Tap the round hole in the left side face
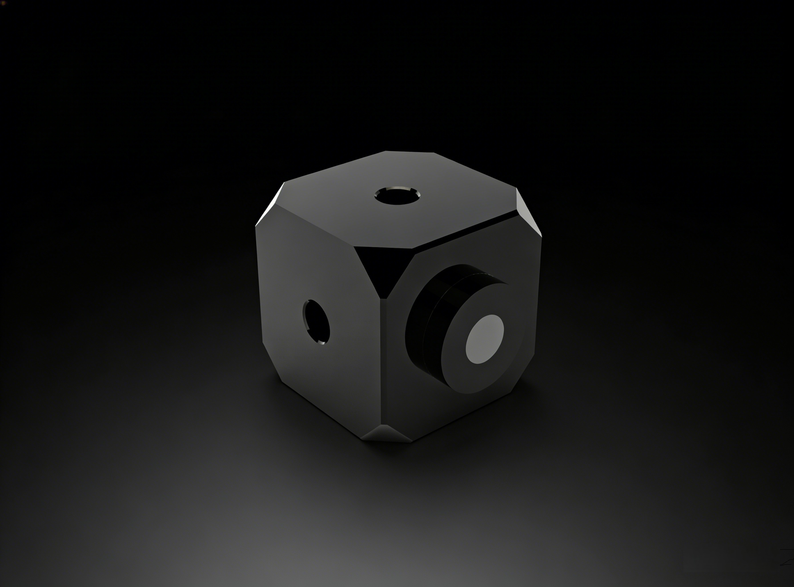pos(316,322)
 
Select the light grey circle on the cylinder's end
pos(485,339)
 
